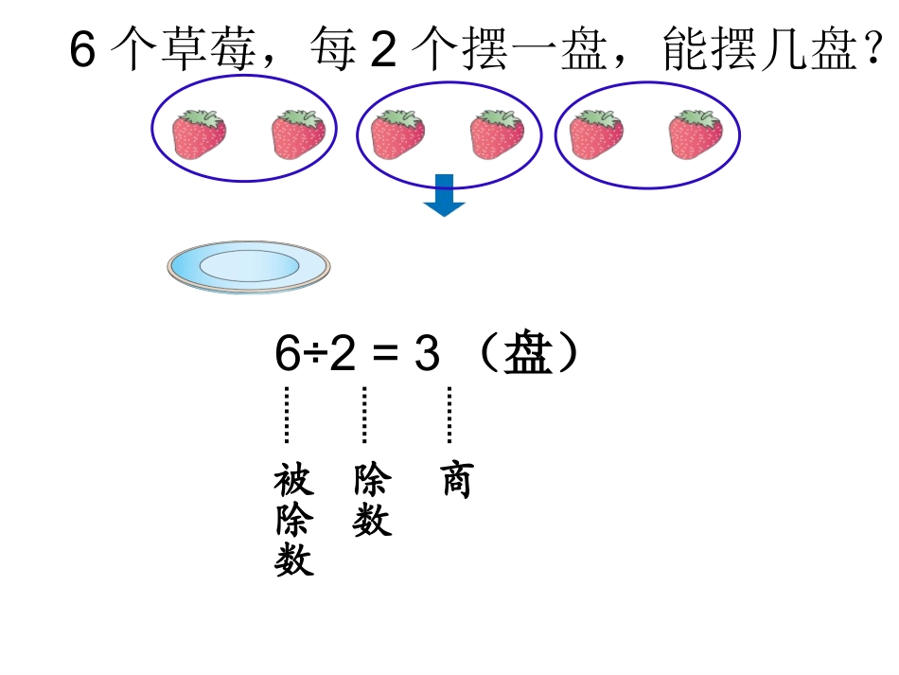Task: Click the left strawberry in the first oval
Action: pos(199,134)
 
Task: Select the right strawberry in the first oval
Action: pos(298,134)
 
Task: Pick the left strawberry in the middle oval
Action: pos(397,134)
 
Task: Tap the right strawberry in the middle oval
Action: pos(497,134)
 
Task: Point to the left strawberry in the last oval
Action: pos(596,134)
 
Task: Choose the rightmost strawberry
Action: pos(696,134)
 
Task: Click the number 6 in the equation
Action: pos(287,355)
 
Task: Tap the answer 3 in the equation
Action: pos(427,355)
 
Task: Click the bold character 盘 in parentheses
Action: pos(527,355)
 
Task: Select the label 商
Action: pos(456,481)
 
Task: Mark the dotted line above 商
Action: pos(449,415)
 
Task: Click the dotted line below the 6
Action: pos(286,415)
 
